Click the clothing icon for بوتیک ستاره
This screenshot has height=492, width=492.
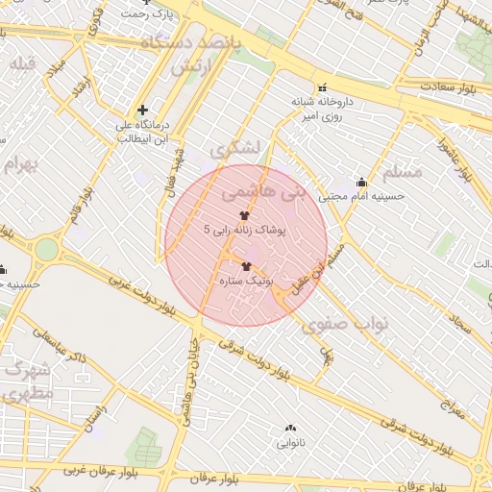246,266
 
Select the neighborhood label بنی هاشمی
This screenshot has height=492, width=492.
275,193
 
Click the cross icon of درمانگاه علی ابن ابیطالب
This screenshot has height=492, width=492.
142,111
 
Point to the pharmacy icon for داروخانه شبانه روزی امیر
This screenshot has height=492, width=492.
323,87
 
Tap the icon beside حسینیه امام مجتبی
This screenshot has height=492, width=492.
361,182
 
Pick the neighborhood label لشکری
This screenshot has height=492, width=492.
235,150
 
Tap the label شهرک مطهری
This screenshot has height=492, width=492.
27,381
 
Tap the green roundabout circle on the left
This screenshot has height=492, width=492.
46,250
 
